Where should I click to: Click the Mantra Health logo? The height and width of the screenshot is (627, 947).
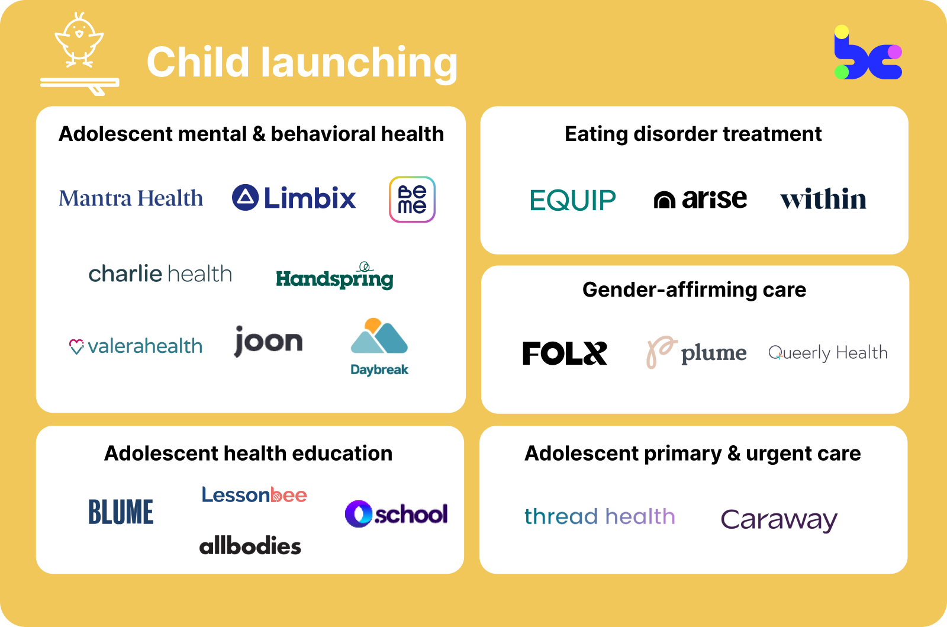(131, 198)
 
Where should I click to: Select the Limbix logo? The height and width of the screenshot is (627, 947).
(294, 198)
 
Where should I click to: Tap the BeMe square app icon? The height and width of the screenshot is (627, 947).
(412, 200)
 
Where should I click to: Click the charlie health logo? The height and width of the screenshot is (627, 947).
(160, 274)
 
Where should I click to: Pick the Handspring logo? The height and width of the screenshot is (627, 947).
(334, 277)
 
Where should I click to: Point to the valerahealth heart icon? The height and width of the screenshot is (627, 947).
(76, 346)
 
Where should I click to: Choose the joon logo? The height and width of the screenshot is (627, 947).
(268, 342)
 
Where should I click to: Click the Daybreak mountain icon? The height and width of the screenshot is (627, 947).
(379, 337)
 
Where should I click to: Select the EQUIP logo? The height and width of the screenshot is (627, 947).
(572, 200)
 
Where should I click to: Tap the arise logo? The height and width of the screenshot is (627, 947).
(700, 199)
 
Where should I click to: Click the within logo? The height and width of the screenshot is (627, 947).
(823, 199)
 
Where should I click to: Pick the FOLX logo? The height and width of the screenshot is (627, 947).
(565, 353)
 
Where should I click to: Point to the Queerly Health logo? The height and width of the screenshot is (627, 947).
(827, 353)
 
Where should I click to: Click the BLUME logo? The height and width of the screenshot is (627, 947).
(121, 512)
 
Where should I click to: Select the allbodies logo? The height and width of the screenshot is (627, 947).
(250, 546)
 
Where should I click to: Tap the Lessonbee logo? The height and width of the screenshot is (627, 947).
(254, 495)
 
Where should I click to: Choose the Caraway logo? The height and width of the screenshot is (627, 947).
(779, 520)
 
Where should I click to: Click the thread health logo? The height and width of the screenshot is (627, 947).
(600, 516)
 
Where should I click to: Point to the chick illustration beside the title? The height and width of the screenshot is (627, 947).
(79, 40)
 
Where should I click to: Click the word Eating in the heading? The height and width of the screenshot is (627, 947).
(596, 134)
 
